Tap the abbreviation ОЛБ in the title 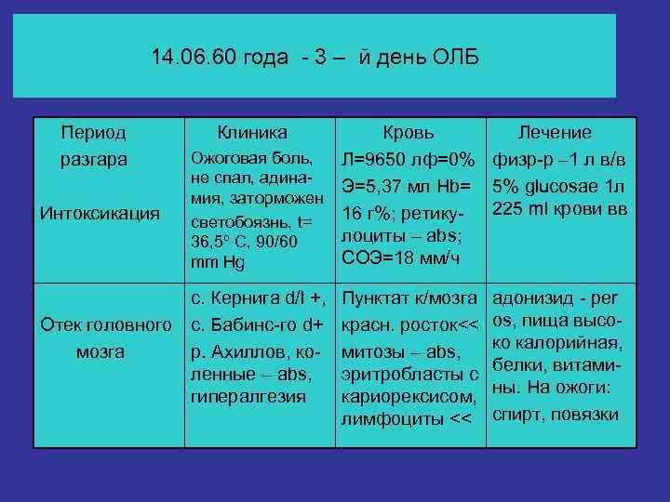tap(455, 58)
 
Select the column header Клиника tap(252, 133)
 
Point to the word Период tap(93, 133)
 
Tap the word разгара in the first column tap(93, 159)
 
